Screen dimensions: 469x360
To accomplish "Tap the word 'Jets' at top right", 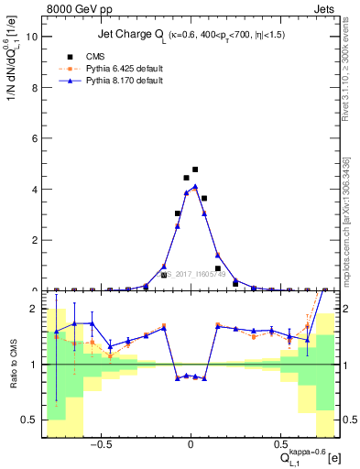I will (x=324, y=8).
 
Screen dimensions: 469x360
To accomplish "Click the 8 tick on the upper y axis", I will (x=35, y=88).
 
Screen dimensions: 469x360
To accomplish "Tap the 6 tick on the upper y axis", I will (x=35, y=139).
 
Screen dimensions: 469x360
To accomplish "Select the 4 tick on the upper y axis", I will (x=35, y=190).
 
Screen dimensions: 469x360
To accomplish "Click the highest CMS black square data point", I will (x=195, y=169).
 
